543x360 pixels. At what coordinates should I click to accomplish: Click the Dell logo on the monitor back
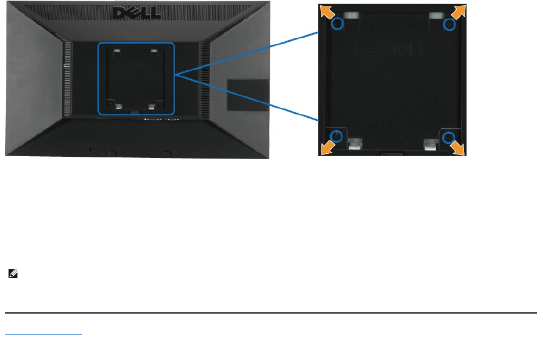tap(137, 12)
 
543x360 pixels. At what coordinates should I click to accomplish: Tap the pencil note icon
tap(12, 272)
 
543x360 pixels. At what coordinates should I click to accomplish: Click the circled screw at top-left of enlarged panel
tap(337, 24)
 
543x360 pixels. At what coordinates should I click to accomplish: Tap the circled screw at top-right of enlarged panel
tap(449, 24)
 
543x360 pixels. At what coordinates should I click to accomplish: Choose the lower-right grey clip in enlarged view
tap(431, 143)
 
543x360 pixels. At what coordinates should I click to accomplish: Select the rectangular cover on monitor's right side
tap(248, 94)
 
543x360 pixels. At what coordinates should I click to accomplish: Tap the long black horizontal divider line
tap(271, 313)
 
